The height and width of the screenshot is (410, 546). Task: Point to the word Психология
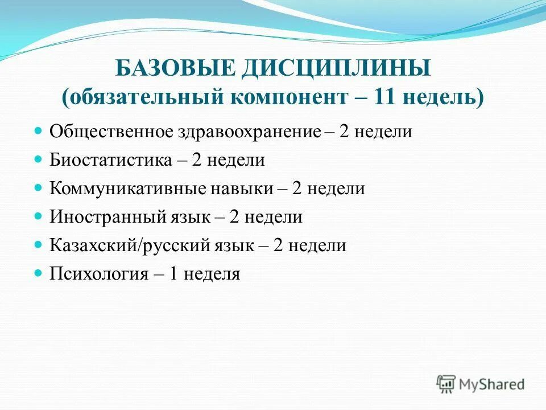point(99,274)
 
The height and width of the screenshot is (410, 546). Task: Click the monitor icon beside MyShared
point(447,383)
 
